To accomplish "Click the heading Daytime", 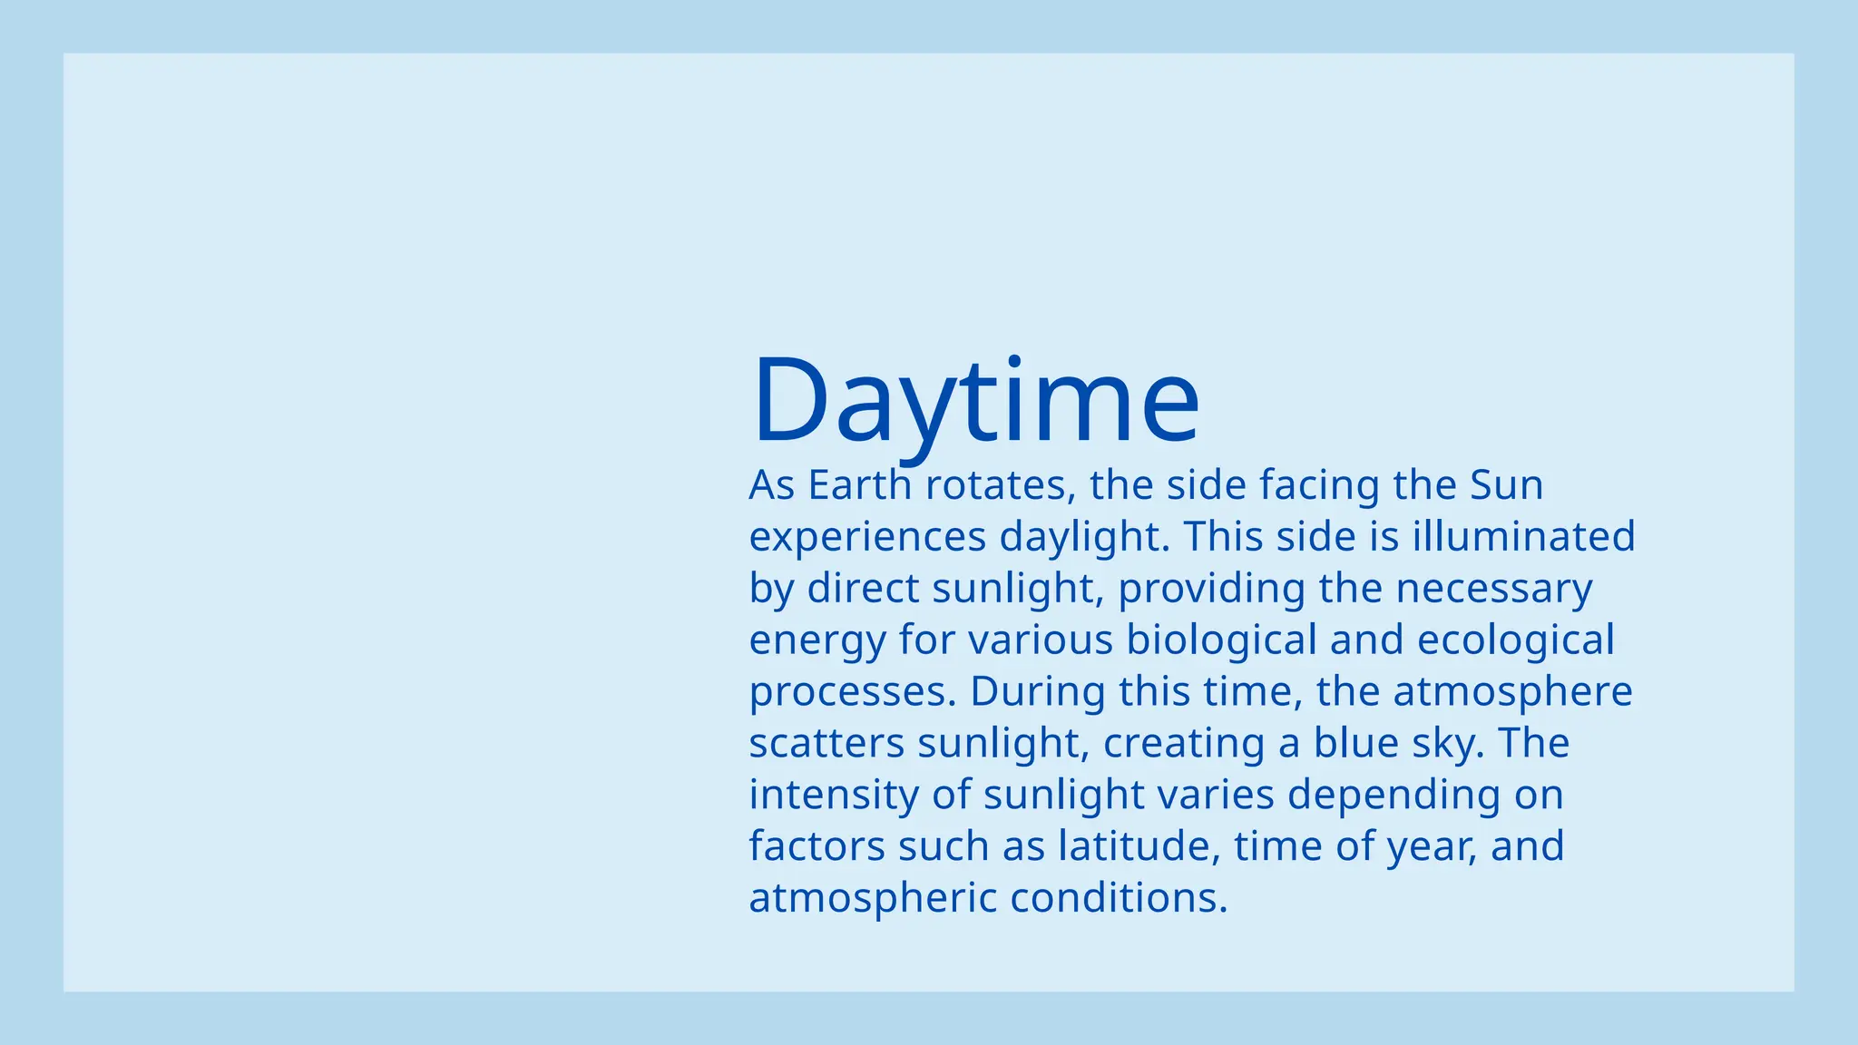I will point(975,401).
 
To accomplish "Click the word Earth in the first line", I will point(859,485).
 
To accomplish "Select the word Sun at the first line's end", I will point(1506,485).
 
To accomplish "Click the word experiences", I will point(866,537).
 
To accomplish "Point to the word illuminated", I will point(1523,537).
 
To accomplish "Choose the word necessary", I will point(1493,589).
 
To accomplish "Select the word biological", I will point(1221,640).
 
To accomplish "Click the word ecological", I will point(1515,640).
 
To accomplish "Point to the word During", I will point(1037,691).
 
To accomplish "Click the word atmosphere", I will point(1512,692).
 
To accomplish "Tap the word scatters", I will point(826,744).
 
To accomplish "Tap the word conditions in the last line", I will point(1118,898).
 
